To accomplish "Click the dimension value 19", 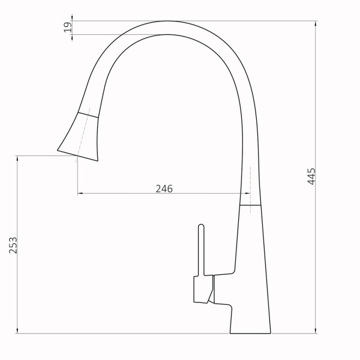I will point(68,27).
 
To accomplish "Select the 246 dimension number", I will point(164,188).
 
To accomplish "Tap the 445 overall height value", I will point(311,176).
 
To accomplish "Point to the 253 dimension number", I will point(13,246).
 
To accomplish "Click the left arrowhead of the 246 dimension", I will point(80,194).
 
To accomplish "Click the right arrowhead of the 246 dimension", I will point(239,194).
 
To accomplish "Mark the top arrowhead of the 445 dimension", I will point(316,23).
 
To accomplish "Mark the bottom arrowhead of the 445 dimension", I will point(316,331).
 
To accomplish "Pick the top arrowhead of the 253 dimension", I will point(17,157).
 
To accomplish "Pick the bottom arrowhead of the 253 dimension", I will point(17,331).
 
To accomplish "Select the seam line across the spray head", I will point(88,112).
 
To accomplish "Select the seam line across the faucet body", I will point(251,205).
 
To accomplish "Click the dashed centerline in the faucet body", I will point(248,180).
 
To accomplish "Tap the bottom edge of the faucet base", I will point(250,334).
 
